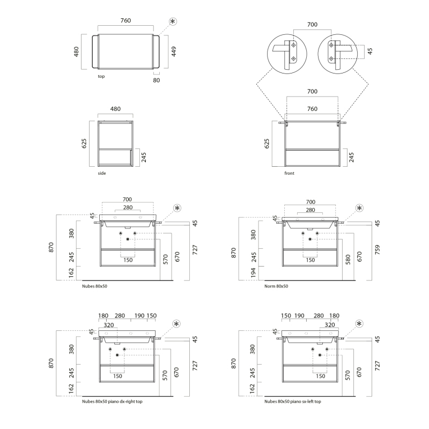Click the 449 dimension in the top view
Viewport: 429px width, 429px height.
(174, 51)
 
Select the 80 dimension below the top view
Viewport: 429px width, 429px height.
(156, 80)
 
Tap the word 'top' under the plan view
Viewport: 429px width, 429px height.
(101, 76)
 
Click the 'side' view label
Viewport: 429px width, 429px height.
(102, 173)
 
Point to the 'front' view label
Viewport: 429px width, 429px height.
(289, 173)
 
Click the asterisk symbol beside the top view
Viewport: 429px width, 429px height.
(173, 21)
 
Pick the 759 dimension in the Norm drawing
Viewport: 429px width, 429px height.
(378, 250)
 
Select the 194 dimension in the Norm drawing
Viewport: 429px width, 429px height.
(253, 273)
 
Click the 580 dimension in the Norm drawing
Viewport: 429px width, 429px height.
(347, 260)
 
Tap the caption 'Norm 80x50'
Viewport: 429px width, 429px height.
(276, 286)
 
